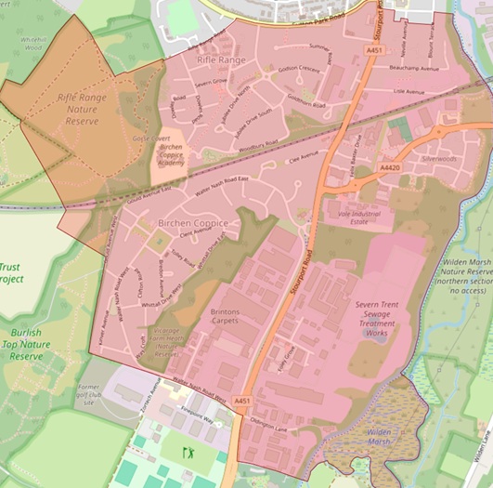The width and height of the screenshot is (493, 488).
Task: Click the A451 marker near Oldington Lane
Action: click(x=242, y=401)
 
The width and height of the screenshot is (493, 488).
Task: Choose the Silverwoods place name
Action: click(x=438, y=159)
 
